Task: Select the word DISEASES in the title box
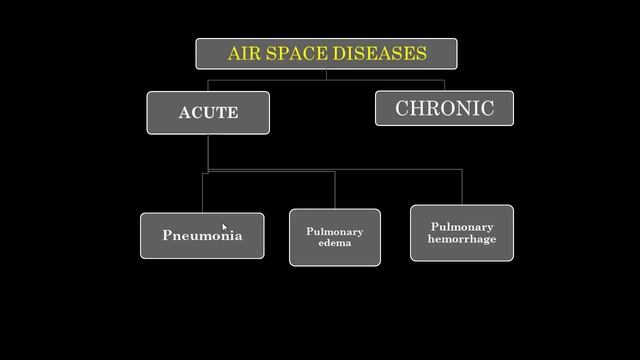tap(384, 53)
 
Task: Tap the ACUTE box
tap(208, 112)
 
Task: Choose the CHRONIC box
tap(444, 108)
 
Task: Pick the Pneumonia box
tap(202, 236)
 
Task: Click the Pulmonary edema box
tap(335, 237)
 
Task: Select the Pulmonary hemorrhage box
tap(462, 233)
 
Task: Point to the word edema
tap(335, 243)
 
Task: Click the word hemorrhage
tap(462, 239)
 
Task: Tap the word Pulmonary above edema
tap(335, 231)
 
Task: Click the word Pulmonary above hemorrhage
tap(462, 227)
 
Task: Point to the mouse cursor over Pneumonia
tap(224, 228)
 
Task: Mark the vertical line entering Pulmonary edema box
tap(335, 190)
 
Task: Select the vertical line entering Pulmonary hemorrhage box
tap(462, 188)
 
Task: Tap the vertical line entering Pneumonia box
tap(203, 192)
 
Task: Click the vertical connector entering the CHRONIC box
tap(444, 83)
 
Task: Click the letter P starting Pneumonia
tap(167, 236)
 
